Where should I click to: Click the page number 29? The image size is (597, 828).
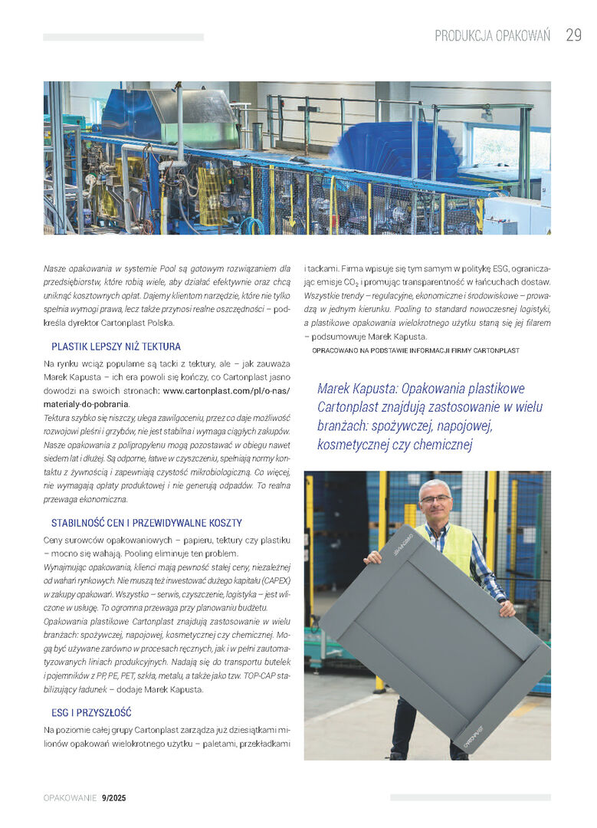tap(573, 36)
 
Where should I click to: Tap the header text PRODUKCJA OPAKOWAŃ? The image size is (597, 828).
tap(492, 36)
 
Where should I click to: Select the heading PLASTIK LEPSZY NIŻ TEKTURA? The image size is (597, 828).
tap(116, 347)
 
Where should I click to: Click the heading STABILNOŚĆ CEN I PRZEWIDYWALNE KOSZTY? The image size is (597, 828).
tap(146, 523)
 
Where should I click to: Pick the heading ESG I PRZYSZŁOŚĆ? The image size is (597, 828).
tap(91, 712)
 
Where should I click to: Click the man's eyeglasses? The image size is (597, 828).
tap(436, 499)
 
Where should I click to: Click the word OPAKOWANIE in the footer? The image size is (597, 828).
tap(70, 798)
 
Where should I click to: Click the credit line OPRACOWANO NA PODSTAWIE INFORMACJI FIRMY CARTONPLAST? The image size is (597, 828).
tap(415, 350)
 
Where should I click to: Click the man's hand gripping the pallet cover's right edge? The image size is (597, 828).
tap(507, 608)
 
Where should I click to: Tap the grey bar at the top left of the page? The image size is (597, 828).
tap(123, 37)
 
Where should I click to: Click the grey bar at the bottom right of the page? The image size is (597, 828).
tap(470, 797)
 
